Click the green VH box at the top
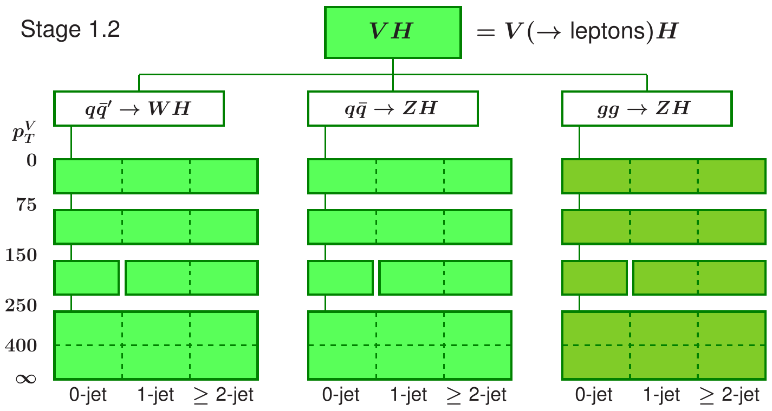393,32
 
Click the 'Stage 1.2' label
70,30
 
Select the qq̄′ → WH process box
139,108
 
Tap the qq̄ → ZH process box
393,108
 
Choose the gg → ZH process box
647,108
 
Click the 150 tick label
22,256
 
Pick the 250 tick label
22,306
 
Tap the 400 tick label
22,345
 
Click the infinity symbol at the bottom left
24,377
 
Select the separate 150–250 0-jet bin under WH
87,278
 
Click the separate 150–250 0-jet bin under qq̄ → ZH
341,278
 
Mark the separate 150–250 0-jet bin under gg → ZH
594,278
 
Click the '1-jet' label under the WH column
156,395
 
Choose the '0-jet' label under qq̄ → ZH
341,395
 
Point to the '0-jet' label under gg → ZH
595,395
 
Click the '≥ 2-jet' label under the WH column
223,395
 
